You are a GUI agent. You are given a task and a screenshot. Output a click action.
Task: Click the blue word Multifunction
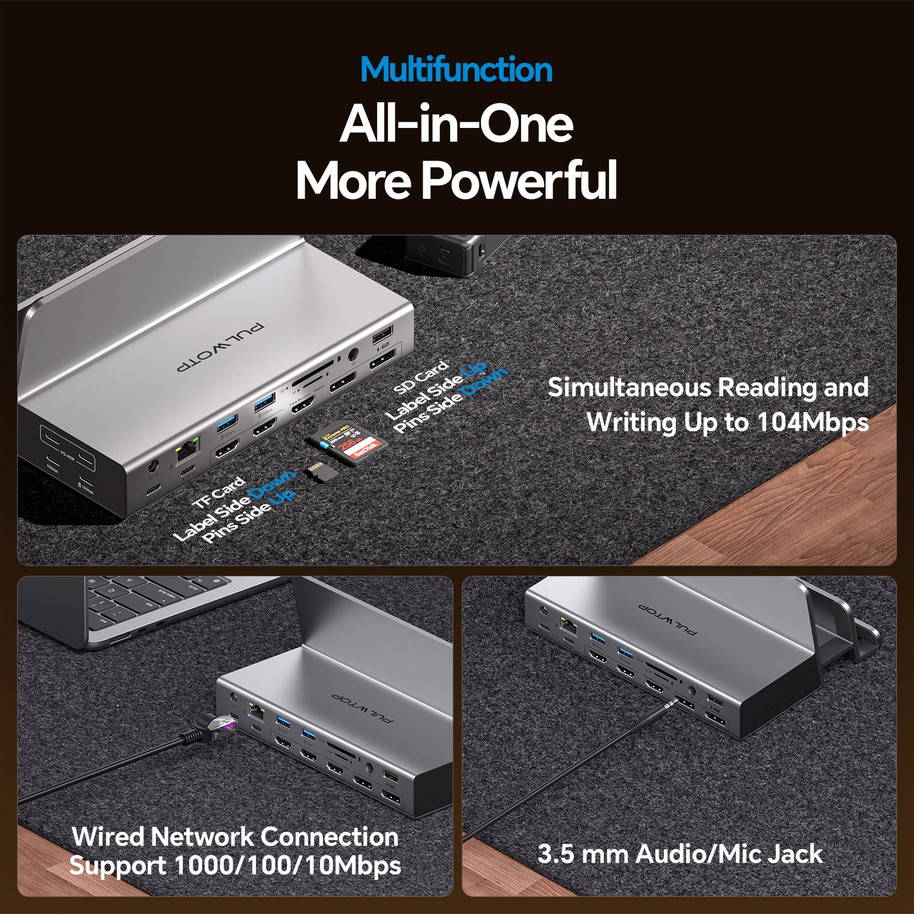[456, 70]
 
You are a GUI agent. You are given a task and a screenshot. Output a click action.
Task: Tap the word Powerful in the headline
[519, 180]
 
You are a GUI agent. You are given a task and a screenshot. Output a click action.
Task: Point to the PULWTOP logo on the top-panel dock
[221, 348]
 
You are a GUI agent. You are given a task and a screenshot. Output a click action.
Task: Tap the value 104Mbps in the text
[812, 423]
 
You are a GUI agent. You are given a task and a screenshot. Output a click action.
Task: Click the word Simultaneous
[628, 387]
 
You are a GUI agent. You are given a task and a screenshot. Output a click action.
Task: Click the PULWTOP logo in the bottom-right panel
[667, 619]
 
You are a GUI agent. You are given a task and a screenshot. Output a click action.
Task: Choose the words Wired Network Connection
[235, 837]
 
